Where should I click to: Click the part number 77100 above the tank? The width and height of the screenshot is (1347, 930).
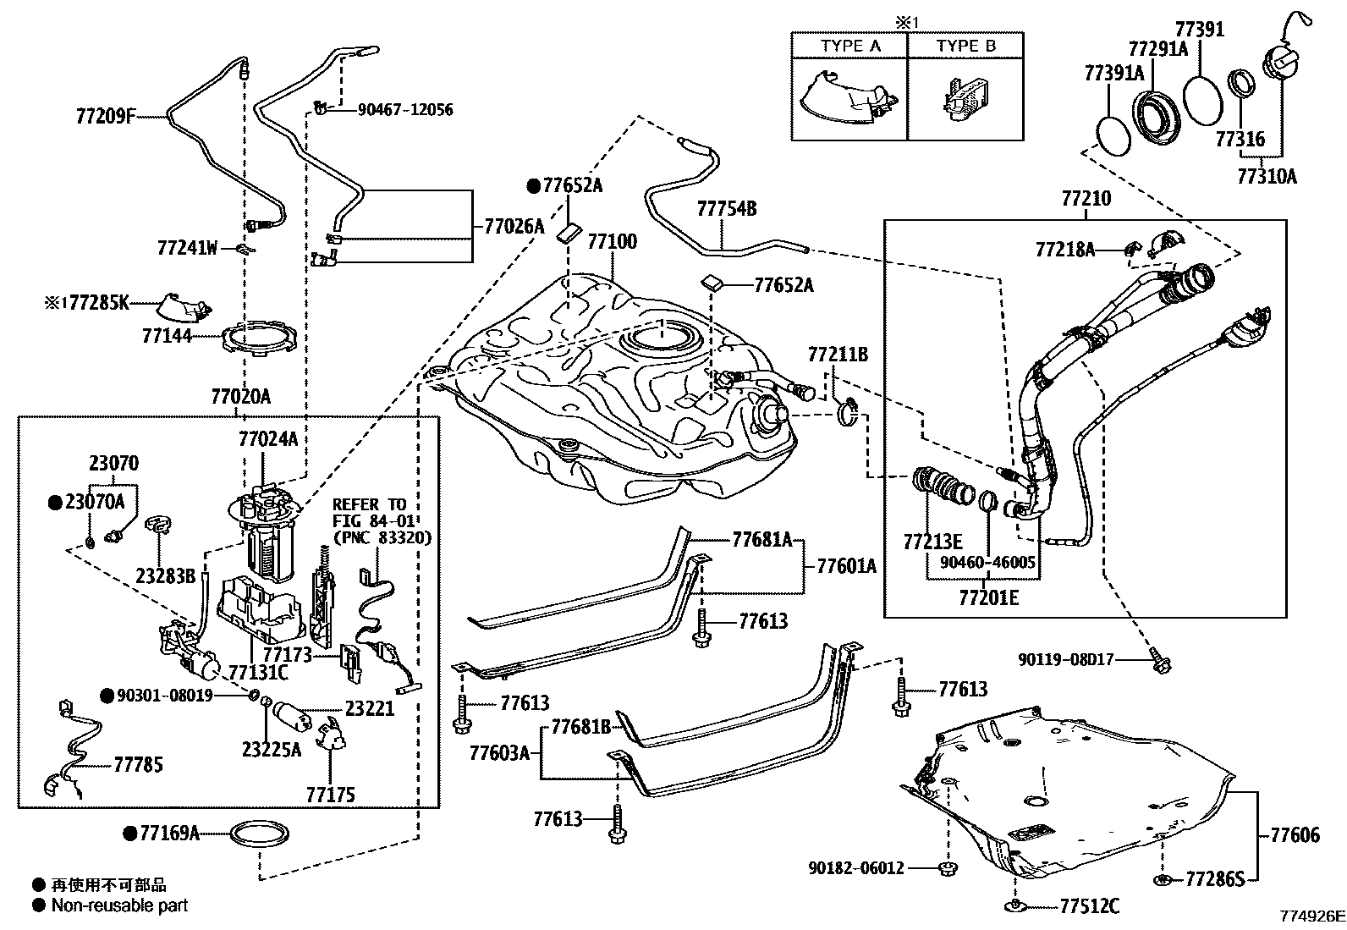click(x=612, y=241)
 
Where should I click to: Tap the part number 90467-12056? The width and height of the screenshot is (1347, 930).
click(x=404, y=109)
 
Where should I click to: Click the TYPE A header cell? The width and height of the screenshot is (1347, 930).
click(x=849, y=47)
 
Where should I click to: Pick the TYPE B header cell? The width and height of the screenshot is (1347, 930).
click(x=965, y=47)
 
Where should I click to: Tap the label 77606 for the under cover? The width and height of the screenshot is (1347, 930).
click(x=1295, y=836)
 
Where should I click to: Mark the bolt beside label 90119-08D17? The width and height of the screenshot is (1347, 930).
click(x=1159, y=662)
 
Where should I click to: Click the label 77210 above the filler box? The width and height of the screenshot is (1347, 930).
click(x=1086, y=199)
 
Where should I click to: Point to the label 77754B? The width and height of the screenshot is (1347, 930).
click(x=726, y=208)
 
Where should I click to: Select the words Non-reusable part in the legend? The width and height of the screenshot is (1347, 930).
click(x=119, y=905)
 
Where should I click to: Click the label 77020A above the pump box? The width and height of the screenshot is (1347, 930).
click(x=240, y=396)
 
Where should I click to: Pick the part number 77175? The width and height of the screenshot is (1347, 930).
click(x=330, y=795)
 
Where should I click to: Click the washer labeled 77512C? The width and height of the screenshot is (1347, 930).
click(x=1014, y=907)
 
